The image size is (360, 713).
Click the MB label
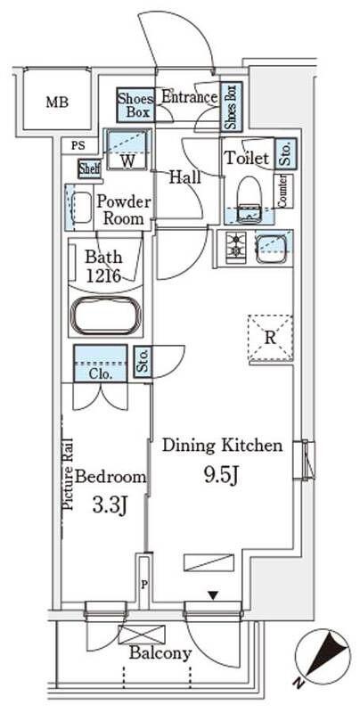57,102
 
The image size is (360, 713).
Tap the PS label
78,146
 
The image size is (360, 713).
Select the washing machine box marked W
127,150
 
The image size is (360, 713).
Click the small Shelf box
89,168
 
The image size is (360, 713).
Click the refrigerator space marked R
270,338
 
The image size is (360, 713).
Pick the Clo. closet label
101,374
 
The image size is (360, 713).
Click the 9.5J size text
220,476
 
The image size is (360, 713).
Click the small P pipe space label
144,585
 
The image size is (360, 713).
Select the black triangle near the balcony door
212,594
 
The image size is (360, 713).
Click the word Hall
185,177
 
